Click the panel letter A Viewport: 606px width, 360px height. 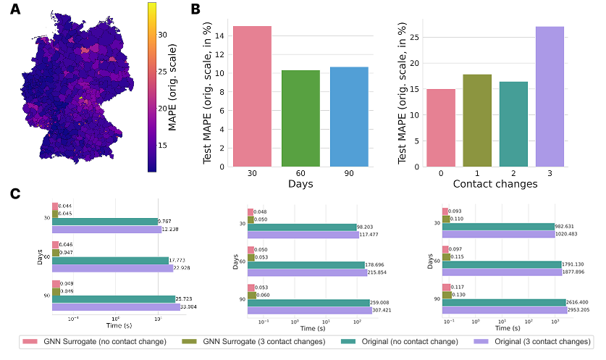[x=14, y=10]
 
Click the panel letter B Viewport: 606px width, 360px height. [x=195, y=10]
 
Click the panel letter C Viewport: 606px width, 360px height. [x=14, y=193]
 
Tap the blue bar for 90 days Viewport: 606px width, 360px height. [x=349, y=117]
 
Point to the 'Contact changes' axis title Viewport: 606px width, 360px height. [x=495, y=184]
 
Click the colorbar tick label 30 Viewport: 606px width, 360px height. [x=163, y=33]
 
